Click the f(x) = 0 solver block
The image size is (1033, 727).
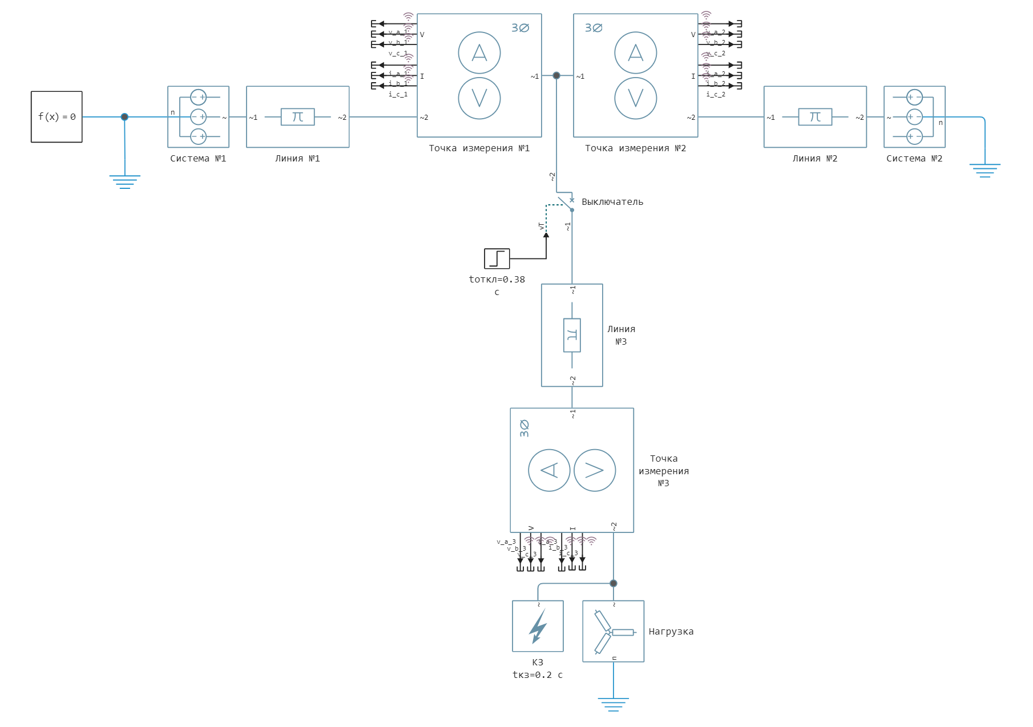coord(57,116)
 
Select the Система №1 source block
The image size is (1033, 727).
coord(198,117)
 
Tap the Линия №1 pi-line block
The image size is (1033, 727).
coord(297,117)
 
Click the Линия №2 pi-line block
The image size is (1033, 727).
coord(815,117)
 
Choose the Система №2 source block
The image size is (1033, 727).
coord(914,117)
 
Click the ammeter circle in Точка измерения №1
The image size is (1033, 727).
coord(479,53)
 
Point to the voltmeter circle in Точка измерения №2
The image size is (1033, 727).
coord(636,98)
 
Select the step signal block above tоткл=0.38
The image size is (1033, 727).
coord(497,259)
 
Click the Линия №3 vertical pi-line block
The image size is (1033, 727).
coord(572,335)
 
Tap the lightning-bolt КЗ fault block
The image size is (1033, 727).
coord(538,626)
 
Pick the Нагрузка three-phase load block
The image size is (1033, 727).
coord(613,631)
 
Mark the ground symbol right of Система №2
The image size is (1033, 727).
coord(984,170)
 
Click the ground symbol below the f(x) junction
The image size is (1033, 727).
coord(124,181)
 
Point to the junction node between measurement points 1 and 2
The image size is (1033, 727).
coord(556,75)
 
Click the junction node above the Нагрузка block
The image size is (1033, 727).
coord(614,583)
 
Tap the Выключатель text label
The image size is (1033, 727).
coord(612,202)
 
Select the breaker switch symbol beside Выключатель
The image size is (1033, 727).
coord(566,204)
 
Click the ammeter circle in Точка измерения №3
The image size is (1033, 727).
coord(549,471)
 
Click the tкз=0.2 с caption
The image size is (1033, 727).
coord(538,675)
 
